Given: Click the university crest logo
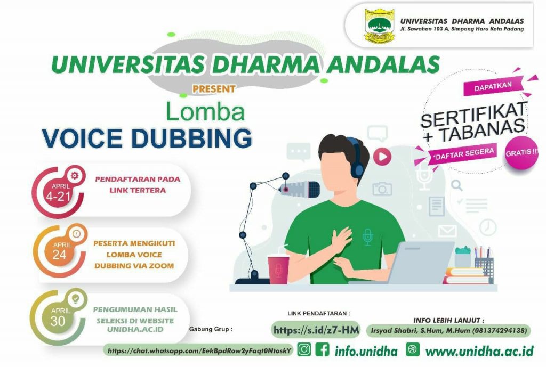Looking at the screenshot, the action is tap(379, 26).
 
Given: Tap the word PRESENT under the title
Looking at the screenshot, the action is tap(214, 89).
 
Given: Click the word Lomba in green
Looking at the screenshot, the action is tap(205, 111).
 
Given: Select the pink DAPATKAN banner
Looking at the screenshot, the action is tap(493, 86).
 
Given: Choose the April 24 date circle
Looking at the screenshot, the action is tap(60, 251).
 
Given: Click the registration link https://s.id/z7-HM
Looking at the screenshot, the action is tap(316, 330).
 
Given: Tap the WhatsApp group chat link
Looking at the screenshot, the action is tap(199, 350).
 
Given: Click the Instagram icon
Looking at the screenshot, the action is tap(304, 349).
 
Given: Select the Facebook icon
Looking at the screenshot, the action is tap(322, 349).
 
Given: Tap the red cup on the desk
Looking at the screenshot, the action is tap(278, 270).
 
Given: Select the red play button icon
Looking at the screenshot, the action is tap(382, 157).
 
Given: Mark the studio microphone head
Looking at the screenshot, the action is tap(300, 189).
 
